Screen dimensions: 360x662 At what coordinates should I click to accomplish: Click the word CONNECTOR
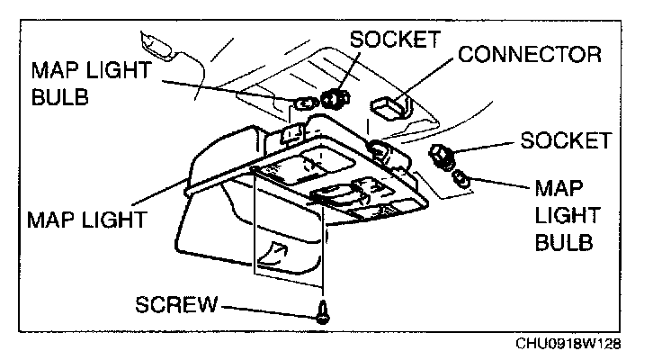pyautogui.click(x=529, y=55)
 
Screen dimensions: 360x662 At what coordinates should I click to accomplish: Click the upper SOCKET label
pyautogui.click(x=395, y=40)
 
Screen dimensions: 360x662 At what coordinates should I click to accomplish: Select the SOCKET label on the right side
pyautogui.click(x=566, y=141)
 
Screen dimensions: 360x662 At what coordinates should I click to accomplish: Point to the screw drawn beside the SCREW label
pyautogui.click(x=321, y=313)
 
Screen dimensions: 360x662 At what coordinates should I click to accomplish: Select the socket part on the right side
pyautogui.click(x=443, y=157)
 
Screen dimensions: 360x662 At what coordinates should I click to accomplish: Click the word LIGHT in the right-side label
pyautogui.click(x=561, y=217)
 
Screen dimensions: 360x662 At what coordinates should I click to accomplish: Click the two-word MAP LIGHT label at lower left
pyautogui.click(x=88, y=218)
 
